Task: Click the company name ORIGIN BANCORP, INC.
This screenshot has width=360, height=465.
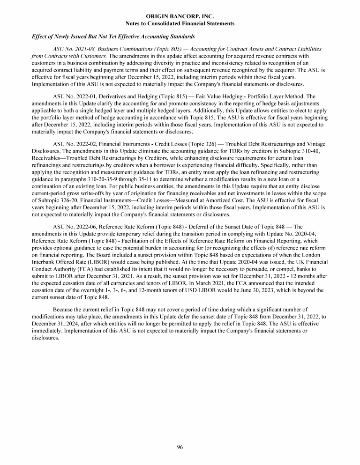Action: point(180,16)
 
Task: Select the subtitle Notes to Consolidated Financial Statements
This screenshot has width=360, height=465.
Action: point(180,23)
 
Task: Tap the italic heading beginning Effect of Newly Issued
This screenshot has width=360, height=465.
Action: point(113,37)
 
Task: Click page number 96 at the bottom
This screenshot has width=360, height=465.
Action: point(180,447)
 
